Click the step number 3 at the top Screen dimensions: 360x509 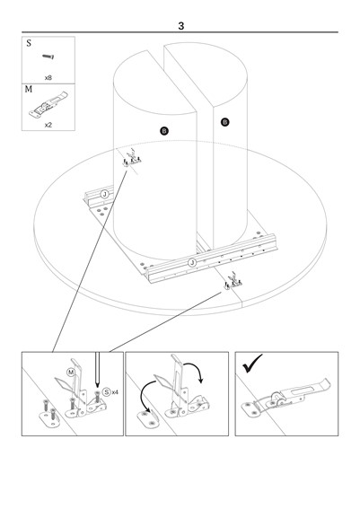point(181,26)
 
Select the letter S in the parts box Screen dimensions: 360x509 point(29,43)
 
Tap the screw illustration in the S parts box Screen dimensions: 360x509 point(48,57)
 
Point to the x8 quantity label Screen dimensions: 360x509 point(48,77)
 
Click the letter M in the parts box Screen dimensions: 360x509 point(29,89)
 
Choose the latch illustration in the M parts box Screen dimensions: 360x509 point(48,104)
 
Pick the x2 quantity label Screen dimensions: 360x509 point(48,125)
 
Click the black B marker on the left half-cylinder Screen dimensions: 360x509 point(164,131)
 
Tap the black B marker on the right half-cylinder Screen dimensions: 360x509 point(224,122)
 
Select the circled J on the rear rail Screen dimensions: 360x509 point(104,194)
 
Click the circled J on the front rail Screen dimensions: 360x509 point(192,262)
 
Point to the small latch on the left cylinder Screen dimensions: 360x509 point(132,158)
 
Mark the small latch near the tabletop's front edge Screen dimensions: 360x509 point(233,281)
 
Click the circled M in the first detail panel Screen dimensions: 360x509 point(71,372)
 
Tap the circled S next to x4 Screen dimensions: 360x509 point(107,392)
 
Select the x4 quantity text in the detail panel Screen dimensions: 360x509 point(115,392)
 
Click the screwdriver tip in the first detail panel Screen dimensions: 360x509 point(97,386)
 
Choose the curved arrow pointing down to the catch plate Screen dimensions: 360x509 point(145,394)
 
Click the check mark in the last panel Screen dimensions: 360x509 point(251,364)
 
